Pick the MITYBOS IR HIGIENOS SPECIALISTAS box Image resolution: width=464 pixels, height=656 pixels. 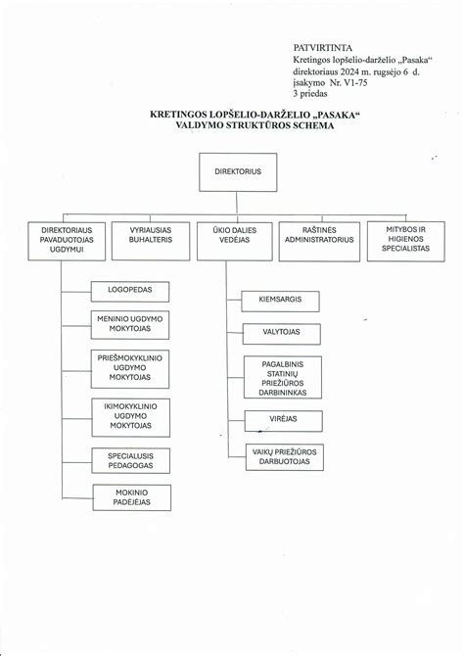399,241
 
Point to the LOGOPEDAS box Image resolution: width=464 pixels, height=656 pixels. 130,292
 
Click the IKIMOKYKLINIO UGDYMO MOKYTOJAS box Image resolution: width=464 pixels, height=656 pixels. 130,416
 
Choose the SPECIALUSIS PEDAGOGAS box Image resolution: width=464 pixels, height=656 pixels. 130,460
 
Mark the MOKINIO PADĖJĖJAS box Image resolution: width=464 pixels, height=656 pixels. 130,496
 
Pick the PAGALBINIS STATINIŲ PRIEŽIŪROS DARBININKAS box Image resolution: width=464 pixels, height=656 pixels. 282,377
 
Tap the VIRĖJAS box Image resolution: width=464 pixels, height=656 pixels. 282,420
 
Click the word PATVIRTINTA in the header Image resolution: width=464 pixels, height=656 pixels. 317,46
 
